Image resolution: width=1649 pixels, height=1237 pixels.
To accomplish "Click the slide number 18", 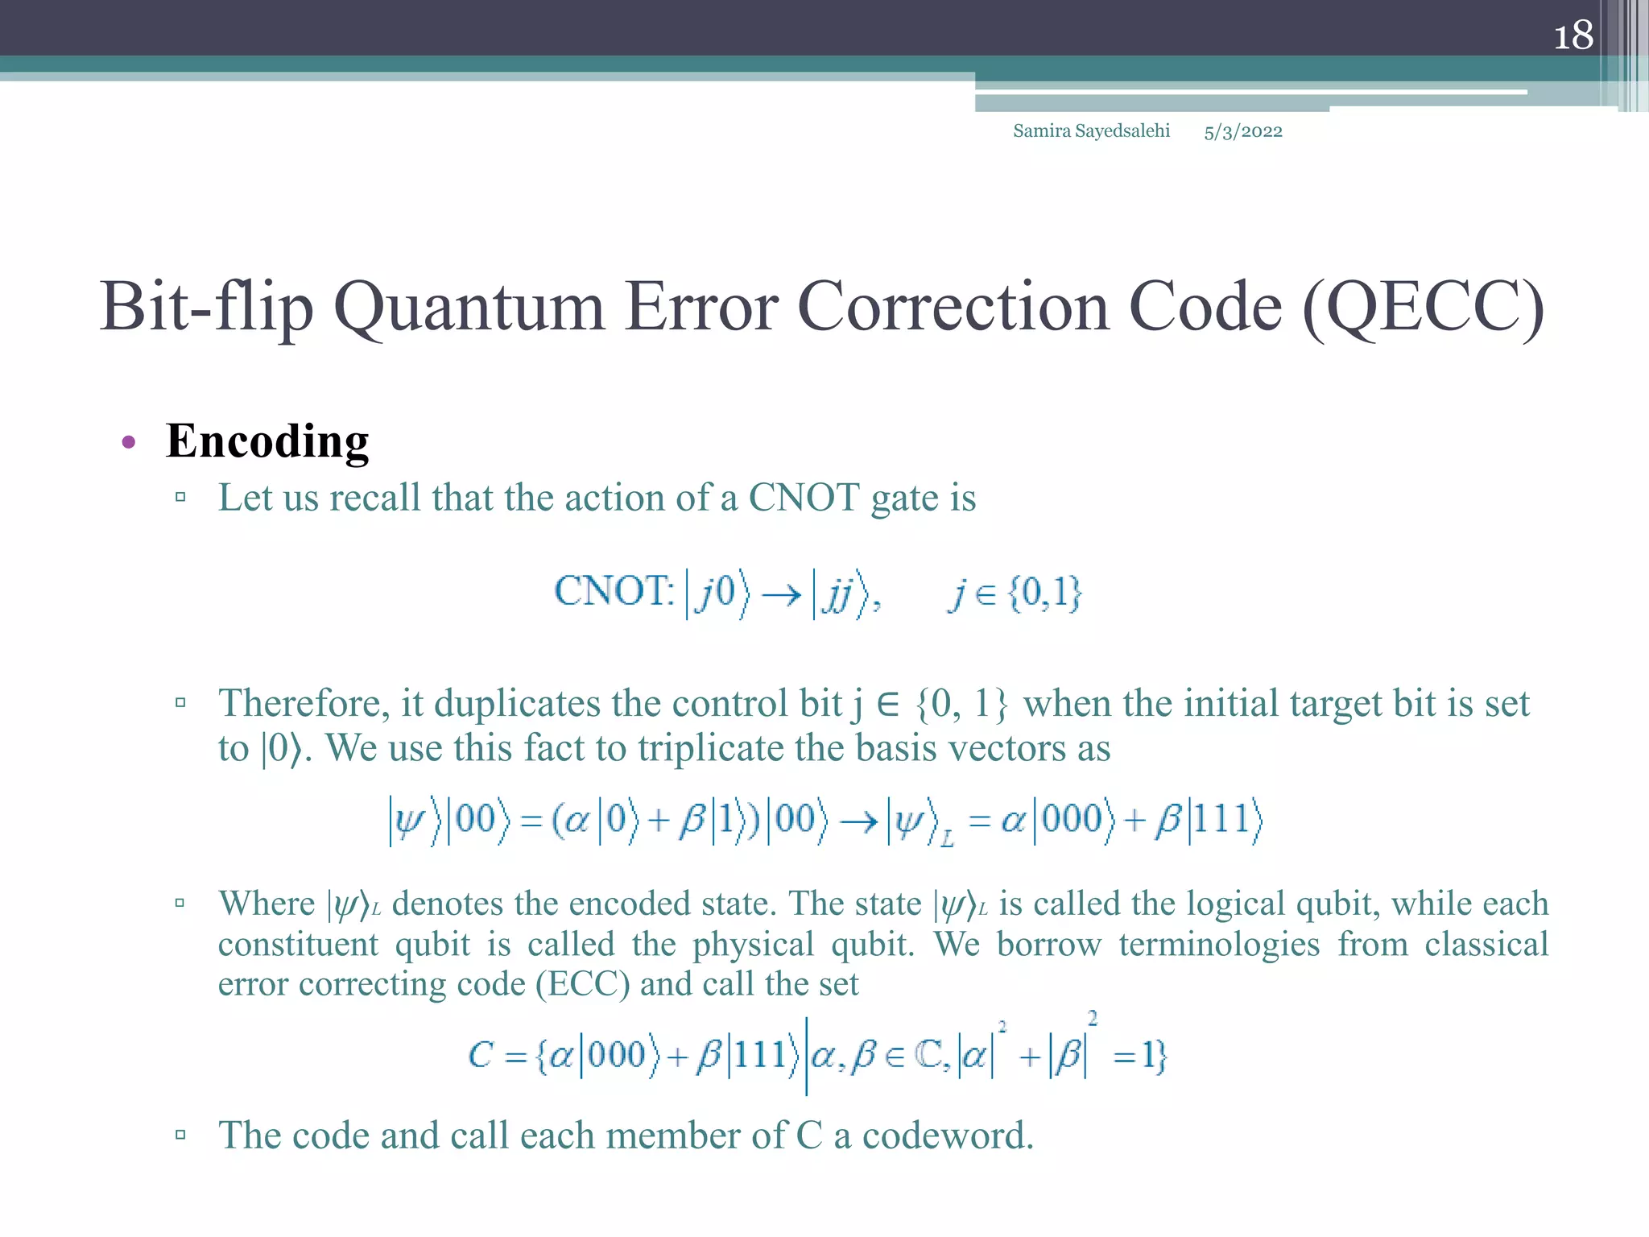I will [x=1573, y=36].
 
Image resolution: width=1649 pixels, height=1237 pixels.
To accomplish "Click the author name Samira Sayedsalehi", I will [x=1091, y=131].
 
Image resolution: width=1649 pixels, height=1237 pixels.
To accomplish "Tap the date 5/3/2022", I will [x=1242, y=132].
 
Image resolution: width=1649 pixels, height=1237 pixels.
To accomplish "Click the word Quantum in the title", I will [x=469, y=308].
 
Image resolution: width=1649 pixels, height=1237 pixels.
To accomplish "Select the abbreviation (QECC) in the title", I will [x=1423, y=308].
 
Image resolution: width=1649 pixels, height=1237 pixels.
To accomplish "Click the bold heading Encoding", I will [x=267, y=441].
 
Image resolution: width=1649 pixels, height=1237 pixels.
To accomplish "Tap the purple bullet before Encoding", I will [x=129, y=442].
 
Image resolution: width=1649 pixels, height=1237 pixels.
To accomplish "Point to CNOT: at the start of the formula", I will [x=614, y=592].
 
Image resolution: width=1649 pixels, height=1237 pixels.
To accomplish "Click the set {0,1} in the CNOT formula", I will [x=1044, y=594].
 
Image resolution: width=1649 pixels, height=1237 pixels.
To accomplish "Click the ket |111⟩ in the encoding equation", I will [x=1225, y=820].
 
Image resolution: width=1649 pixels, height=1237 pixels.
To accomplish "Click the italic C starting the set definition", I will [x=481, y=1055].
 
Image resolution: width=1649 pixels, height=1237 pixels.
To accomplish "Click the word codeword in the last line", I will [x=947, y=1136].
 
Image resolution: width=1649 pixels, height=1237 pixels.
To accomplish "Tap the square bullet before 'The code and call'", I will [x=180, y=1136].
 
